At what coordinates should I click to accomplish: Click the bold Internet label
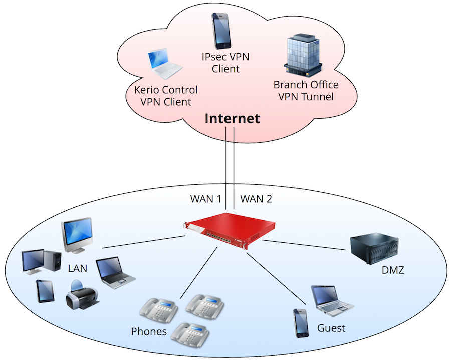232,119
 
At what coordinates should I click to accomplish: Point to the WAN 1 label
206,199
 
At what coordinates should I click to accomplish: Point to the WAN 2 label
256,199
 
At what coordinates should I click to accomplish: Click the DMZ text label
392,271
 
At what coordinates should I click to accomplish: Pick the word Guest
331,328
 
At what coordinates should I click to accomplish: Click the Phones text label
149,331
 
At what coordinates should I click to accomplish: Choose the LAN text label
78,268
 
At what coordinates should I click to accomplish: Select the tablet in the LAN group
45,291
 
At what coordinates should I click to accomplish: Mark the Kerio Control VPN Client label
166,96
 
